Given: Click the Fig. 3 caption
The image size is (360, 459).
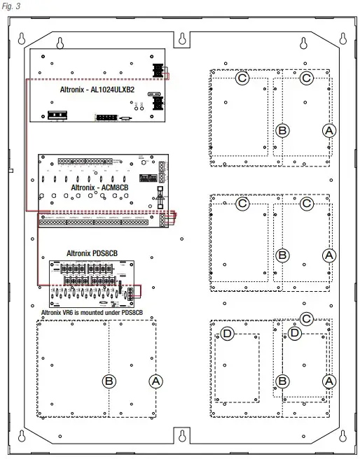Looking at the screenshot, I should pyautogui.click(x=12, y=7).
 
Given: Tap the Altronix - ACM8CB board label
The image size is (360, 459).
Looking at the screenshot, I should pyautogui.click(x=99, y=188).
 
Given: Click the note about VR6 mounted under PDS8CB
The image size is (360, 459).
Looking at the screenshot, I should pyautogui.click(x=92, y=312).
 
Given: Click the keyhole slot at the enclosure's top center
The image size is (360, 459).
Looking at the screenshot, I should pyautogui.click(x=181, y=38).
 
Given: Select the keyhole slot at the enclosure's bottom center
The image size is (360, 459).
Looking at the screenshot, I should pyautogui.click(x=181, y=437).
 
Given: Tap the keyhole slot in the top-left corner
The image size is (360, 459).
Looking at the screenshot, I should pyautogui.click(x=22, y=38).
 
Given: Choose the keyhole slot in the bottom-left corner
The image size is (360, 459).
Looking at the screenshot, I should pyautogui.click(x=22, y=437).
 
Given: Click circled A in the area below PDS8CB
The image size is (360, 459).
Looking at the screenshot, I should pyautogui.click(x=155, y=381).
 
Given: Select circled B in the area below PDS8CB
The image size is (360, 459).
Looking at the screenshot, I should pyautogui.click(x=109, y=381).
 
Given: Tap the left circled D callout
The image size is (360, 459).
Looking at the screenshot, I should pyautogui.click(x=227, y=334).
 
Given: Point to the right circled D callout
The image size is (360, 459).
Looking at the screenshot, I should pyautogui.click(x=295, y=334).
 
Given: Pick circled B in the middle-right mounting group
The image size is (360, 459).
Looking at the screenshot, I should pyautogui.click(x=282, y=255).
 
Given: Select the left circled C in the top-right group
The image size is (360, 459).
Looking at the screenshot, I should pyautogui.click(x=242, y=78).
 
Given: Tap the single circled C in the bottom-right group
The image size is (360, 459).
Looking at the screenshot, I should pyautogui.click(x=306, y=318).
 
